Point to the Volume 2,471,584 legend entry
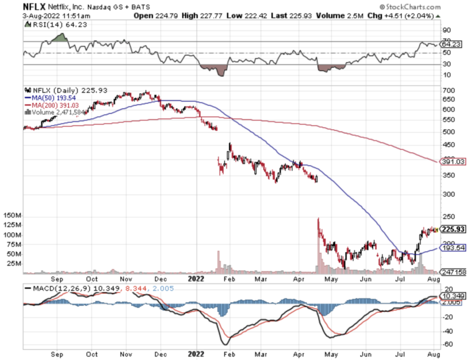[59, 111]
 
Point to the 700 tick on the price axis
[447, 90]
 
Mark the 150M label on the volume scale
[12, 216]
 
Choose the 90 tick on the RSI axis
[446, 30]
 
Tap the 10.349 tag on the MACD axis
[452, 297]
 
